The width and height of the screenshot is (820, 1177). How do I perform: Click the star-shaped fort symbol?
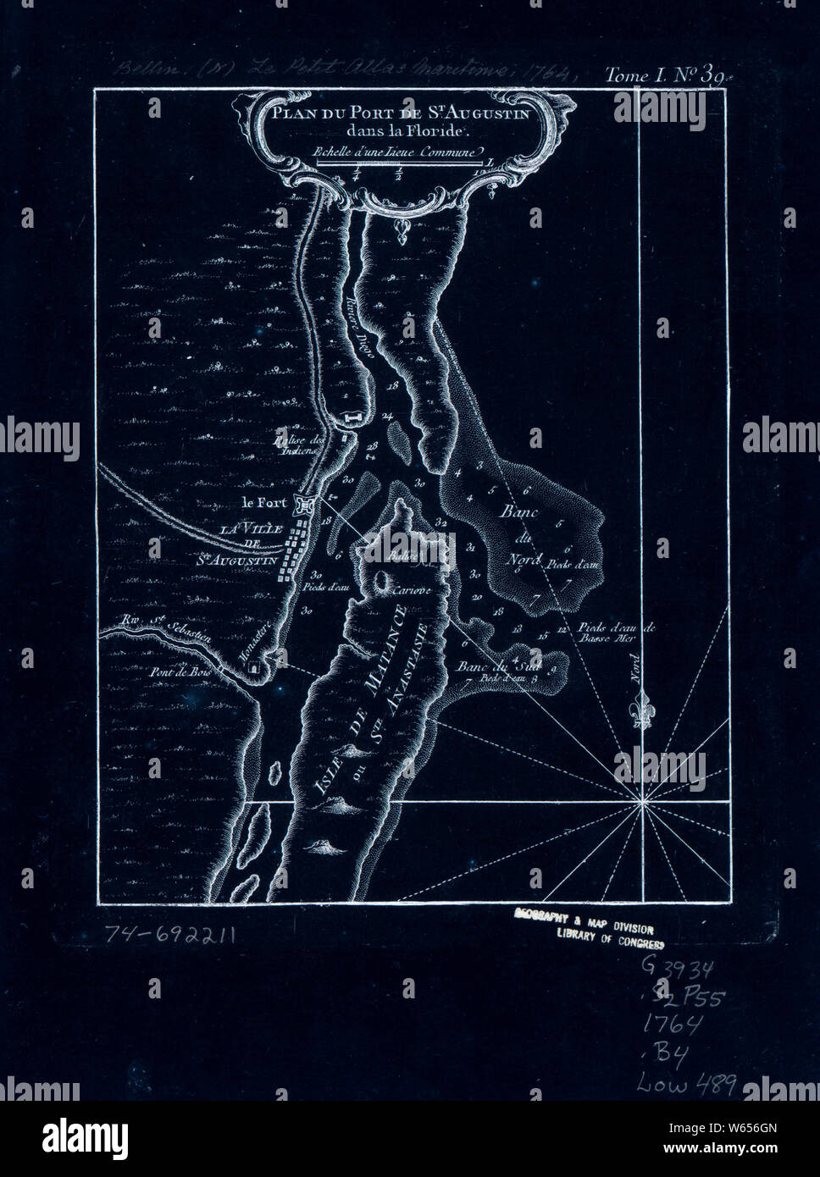pos(304,506)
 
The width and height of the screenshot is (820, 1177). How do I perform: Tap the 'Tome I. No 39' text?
pos(663,76)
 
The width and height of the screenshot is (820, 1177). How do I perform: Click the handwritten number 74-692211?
pos(169,933)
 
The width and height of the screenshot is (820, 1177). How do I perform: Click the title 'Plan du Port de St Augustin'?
pos(400,113)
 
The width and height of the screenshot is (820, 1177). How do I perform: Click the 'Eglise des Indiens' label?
pos(294,445)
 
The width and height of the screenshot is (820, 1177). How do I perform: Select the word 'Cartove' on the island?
pos(413,589)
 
